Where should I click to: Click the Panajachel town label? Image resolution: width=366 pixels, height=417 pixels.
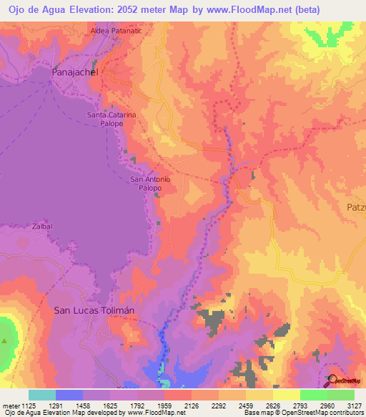(74, 73)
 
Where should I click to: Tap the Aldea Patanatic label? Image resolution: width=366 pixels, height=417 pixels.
(117, 32)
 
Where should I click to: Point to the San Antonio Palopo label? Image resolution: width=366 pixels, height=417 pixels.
(150, 183)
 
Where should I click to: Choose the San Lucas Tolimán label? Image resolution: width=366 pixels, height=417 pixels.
(94, 310)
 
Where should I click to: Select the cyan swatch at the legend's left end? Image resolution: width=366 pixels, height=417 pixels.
(42, 395)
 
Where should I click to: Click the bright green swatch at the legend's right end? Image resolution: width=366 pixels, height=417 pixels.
(341, 395)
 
